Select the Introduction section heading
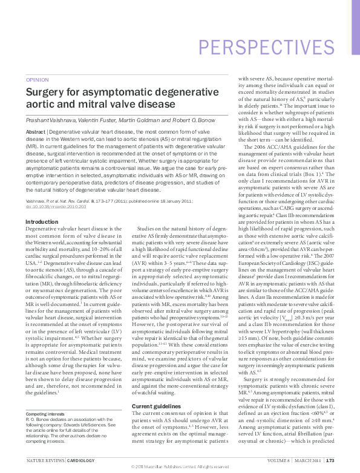tap(42, 222)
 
